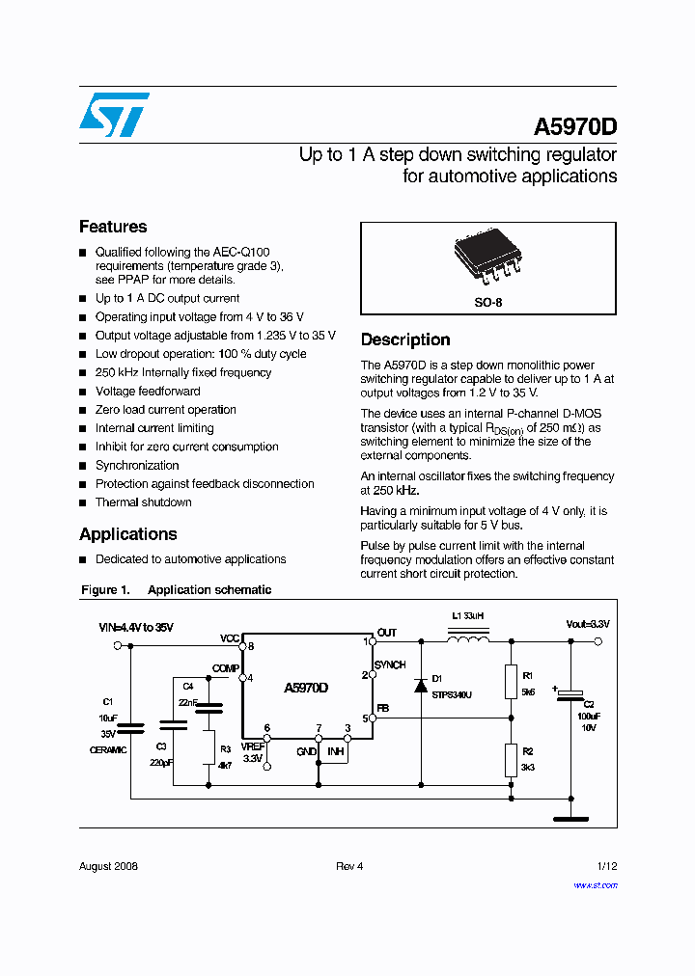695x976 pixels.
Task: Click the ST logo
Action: pos(115,115)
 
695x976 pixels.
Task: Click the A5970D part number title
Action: pos(574,128)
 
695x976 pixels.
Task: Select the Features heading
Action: pos(113,227)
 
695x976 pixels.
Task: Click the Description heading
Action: pos(405,339)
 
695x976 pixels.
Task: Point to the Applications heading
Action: pos(128,534)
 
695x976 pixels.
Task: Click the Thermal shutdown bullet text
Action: pos(143,502)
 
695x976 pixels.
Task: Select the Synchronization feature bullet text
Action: pos(137,465)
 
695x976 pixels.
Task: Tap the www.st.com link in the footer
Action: pos(595,884)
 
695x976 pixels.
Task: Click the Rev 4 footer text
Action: pos(349,866)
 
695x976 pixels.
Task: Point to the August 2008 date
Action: pos(108,866)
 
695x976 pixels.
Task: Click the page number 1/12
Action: pos(607,866)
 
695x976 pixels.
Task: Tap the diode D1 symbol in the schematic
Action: pos(421,685)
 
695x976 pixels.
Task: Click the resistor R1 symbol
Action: pos(511,682)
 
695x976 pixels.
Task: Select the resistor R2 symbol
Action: pos(511,760)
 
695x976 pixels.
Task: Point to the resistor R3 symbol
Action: pos(208,746)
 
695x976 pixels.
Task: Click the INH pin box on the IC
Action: pos(334,751)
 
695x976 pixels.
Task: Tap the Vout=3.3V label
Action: pos(588,625)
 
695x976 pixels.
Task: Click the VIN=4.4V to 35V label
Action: pos(136,628)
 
